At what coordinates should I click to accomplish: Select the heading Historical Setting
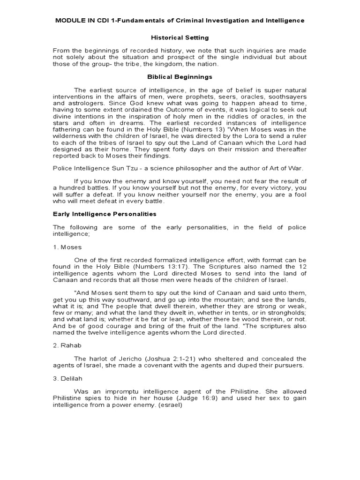pos(180,37)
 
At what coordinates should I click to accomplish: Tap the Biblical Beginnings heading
pos(180,76)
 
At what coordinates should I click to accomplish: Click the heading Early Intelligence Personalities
pos(104,214)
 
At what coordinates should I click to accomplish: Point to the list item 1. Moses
pos(67,247)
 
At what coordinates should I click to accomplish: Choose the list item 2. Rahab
pos(67,346)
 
